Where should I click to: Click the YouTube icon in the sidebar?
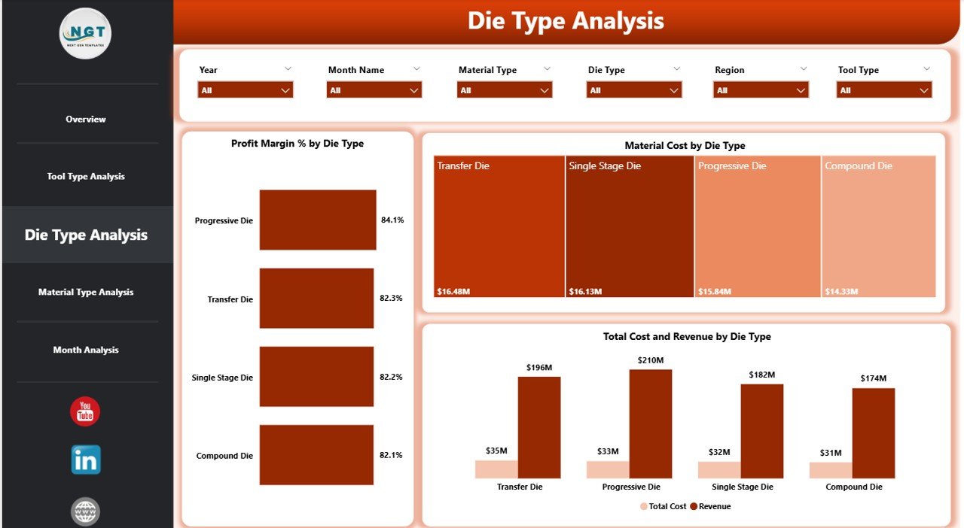pos(85,411)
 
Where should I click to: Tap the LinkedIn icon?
pos(86,460)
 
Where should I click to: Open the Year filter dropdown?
pos(245,90)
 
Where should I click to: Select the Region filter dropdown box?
pos(761,90)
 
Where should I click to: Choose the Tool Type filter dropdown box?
pos(884,90)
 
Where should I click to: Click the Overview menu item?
pos(86,119)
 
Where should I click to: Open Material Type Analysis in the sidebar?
pos(86,292)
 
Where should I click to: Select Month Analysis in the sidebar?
pos(86,350)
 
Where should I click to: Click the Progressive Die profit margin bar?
pos(317,220)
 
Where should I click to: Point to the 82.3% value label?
pos(391,299)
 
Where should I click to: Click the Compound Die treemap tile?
pos(878,226)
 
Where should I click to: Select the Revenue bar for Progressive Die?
pos(651,423)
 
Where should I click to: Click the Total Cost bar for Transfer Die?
pos(496,469)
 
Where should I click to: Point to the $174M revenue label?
pos(874,378)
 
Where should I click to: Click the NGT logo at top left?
pos(86,33)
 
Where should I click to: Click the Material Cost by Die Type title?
pos(685,146)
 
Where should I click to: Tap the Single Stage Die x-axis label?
pos(741,487)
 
